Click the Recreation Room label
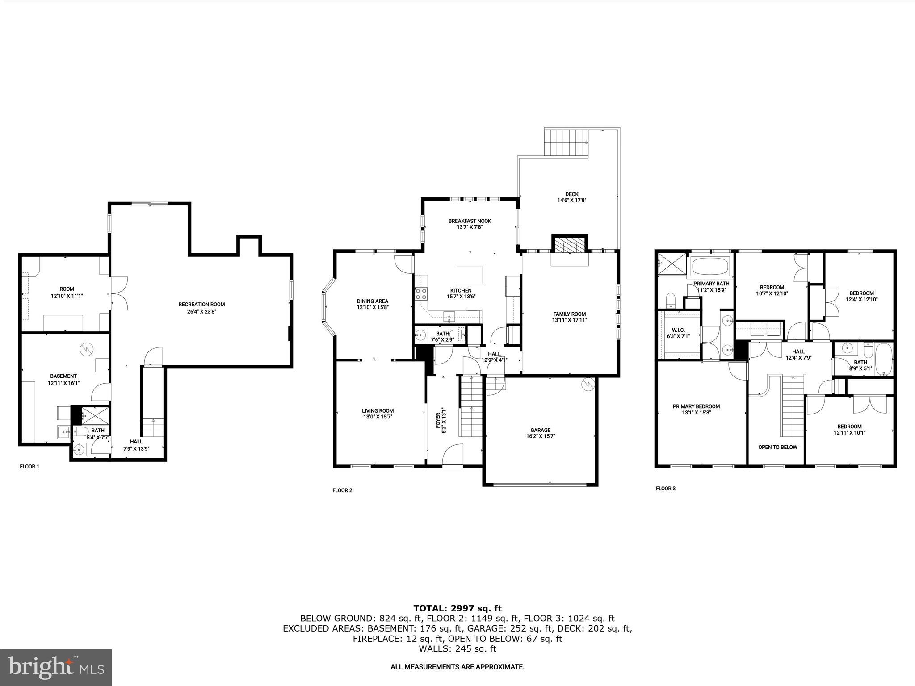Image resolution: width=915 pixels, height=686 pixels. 201,305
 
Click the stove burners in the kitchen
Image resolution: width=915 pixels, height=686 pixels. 421,293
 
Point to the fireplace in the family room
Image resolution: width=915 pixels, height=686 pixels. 569,246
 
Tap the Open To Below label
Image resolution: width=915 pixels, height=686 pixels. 777,447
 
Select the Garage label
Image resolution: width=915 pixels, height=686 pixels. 541,430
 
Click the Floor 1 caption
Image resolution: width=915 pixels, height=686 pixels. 29,467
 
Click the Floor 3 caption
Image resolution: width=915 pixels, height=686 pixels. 665,489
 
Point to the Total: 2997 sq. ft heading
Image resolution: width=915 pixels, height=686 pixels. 457,608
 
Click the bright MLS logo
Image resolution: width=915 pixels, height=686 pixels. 56,667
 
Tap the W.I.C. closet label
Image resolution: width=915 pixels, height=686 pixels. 678,330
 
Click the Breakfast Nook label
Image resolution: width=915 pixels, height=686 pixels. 470,221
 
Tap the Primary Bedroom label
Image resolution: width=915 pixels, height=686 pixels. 696,406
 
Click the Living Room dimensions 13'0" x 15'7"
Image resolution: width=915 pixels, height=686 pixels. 378,417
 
